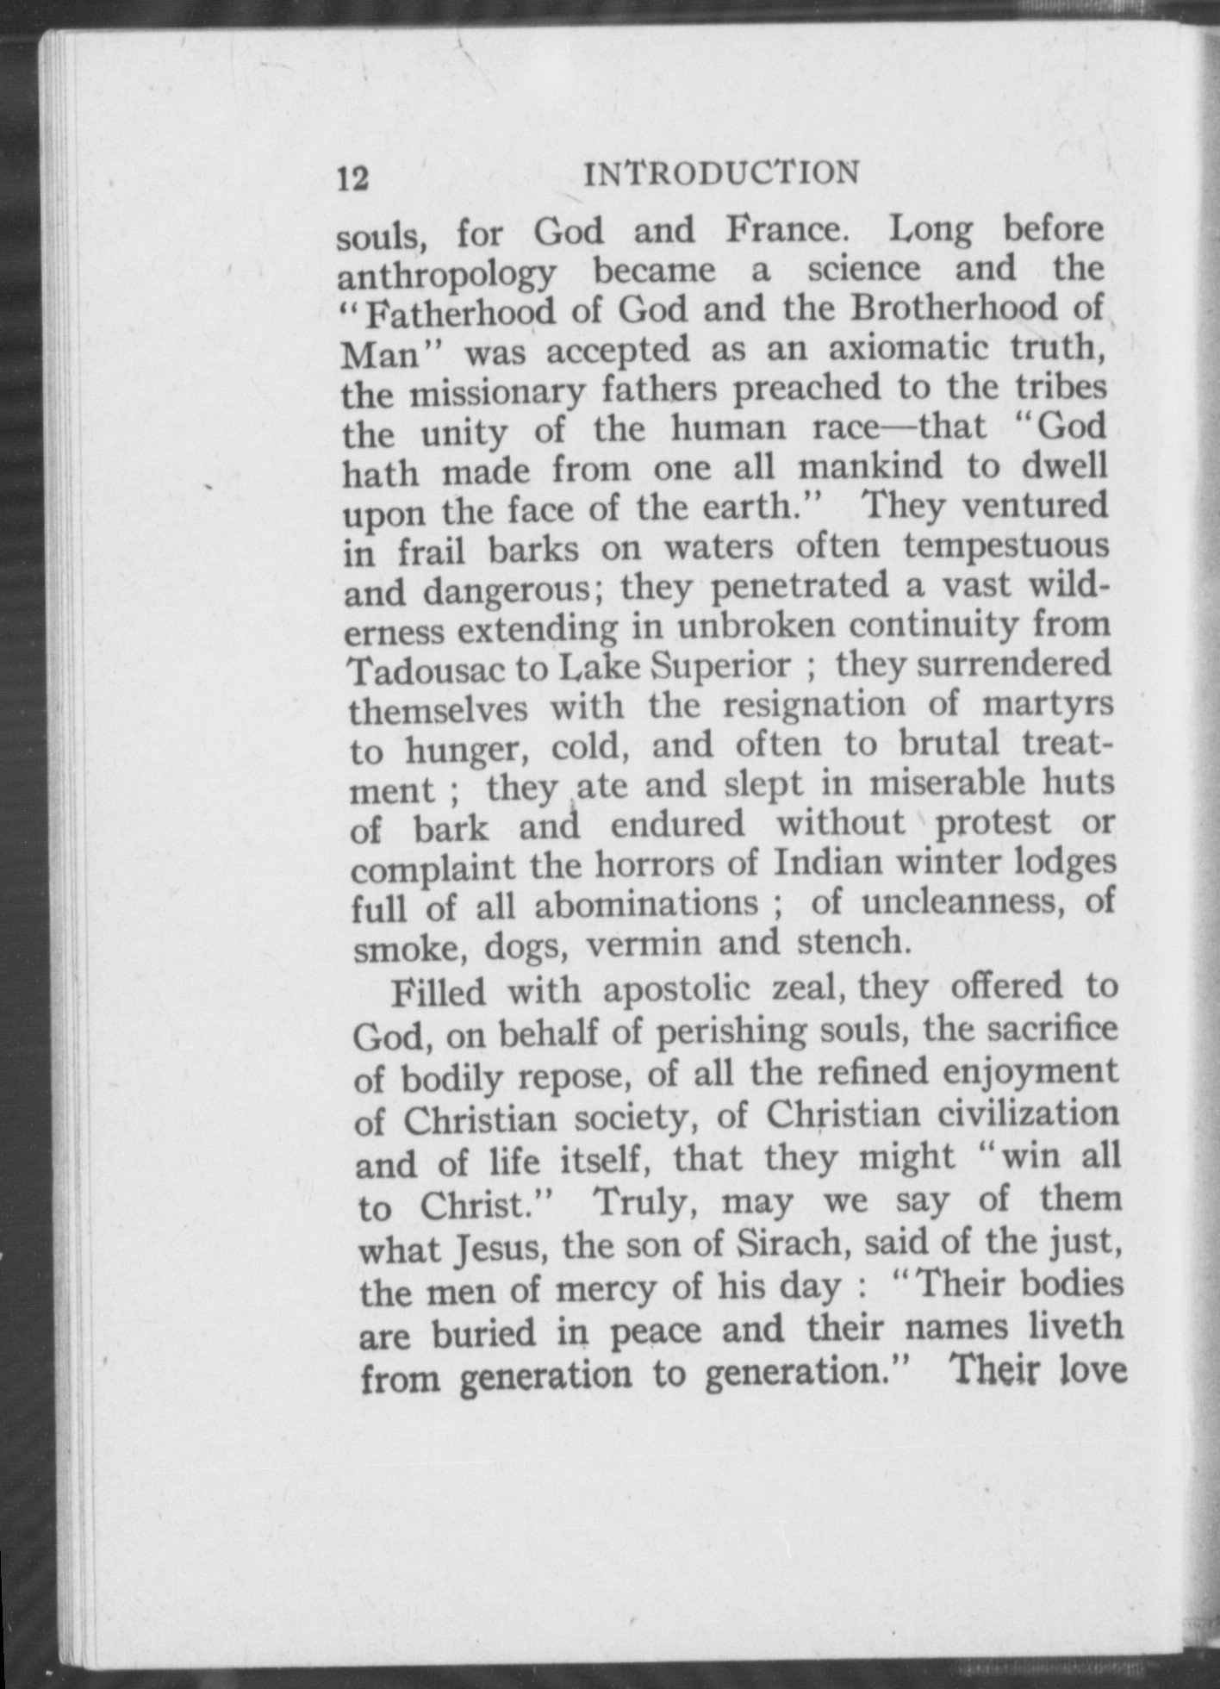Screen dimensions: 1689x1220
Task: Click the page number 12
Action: click(353, 178)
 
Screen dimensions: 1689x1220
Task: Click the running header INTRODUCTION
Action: click(721, 173)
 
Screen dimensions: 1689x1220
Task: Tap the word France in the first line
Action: click(783, 231)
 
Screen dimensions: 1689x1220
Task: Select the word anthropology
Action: click(446, 274)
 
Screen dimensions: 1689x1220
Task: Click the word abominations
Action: click(646, 905)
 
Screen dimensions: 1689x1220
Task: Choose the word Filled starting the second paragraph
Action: click(439, 992)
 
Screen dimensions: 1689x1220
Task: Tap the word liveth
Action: click(1077, 1325)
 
